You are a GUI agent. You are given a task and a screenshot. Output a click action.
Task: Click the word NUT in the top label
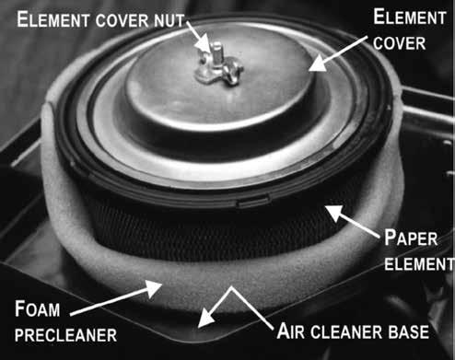pos(169,20)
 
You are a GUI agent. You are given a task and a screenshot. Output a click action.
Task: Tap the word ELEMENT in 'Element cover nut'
pos(52,19)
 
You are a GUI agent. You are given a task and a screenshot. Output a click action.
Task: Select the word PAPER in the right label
pos(411,238)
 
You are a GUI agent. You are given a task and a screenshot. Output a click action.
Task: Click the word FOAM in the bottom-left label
pos(38,308)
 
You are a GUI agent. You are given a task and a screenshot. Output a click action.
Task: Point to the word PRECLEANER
pos(65,335)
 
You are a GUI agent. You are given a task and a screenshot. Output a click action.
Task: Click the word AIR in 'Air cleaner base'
pos(291,331)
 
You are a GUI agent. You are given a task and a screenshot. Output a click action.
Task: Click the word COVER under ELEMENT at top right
pos(400,43)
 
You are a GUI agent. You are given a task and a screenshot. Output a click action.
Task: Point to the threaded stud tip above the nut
pos(216,46)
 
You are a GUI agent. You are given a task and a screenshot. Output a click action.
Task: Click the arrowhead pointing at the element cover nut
pos(204,44)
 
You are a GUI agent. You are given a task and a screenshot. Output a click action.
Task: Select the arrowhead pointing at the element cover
pos(318,64)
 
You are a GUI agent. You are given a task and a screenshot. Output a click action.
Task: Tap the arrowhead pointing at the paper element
pos(334,213)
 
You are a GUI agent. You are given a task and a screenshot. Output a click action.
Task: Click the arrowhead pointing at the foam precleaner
pos(154,287)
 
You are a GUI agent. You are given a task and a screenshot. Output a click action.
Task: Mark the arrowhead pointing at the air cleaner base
pos(206,319)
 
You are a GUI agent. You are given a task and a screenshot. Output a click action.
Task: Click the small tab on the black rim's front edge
pos(253,201)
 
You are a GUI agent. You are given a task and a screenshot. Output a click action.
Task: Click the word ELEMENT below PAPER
pos(419,264)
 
